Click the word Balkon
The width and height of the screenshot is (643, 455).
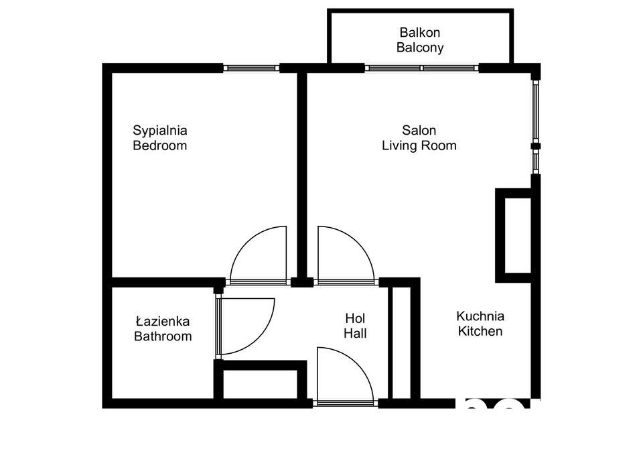tap(419, 32)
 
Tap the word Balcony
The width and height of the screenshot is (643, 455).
tap(420, 48)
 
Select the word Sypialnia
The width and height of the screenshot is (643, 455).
tap(160, 131)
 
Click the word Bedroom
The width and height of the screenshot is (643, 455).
tap(160, 145)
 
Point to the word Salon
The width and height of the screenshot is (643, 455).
tap(419, 131)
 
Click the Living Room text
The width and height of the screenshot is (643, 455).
tap(419, 145)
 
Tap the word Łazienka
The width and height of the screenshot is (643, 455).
tap(162, 321)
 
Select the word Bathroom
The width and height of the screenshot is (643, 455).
tap(163, 336)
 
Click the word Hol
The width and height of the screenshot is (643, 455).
tap(355, 318)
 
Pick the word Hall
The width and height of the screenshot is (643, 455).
tap(355, 333)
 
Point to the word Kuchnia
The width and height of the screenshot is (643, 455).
tap(480, 316)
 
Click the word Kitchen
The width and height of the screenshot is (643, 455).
tap(480, 331)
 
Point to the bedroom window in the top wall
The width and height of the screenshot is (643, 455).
tap(251, 68)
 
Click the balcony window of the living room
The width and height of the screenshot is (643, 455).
tap(422, 68)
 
